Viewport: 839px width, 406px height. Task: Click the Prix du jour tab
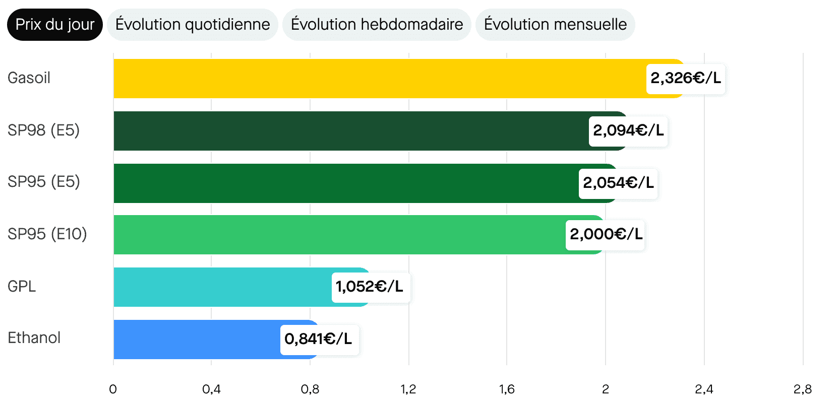54,25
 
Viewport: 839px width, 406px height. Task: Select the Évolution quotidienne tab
193,25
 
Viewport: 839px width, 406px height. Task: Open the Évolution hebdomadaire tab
377,25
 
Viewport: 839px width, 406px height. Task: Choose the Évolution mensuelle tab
555,25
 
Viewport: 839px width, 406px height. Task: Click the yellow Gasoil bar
378,79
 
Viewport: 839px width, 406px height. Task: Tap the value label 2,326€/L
686,79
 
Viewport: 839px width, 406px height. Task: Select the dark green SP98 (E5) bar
348,131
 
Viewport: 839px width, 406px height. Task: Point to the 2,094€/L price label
628,131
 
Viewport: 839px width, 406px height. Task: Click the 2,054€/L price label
618,183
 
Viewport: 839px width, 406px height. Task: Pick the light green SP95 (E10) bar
338,235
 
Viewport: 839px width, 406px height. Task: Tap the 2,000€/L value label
606,235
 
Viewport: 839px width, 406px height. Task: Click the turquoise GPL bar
222,287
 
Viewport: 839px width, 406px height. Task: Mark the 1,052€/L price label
370,287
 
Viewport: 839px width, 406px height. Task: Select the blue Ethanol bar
197,340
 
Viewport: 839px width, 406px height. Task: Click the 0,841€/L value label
318,340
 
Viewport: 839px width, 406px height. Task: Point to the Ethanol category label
34,338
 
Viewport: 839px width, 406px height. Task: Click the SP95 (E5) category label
44,182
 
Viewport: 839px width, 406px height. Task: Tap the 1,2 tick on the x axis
408,389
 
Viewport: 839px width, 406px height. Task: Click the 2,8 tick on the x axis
803,389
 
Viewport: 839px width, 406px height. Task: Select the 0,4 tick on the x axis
211,389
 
